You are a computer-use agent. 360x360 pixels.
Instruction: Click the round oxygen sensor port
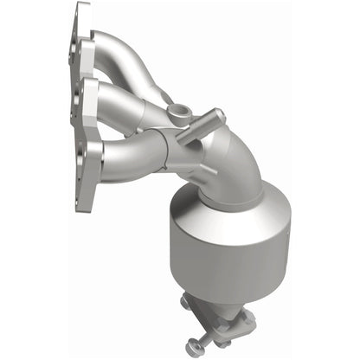[179, 112]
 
